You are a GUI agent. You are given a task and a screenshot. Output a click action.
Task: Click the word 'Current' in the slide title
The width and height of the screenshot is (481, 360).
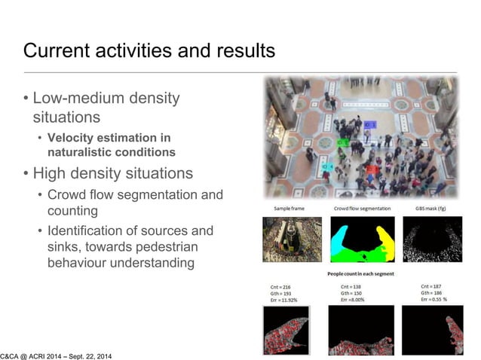(x=55, y=51)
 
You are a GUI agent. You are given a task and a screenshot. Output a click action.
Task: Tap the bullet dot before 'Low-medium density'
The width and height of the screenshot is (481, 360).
(x=26, y=99)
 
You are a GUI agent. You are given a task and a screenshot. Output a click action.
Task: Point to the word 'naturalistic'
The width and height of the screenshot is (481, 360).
(x=79, y=151)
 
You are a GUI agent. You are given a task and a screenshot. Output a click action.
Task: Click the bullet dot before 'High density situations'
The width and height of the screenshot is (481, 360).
(x=26, y=174)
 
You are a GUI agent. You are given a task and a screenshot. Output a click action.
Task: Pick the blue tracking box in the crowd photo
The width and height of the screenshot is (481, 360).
(x=369, y=124)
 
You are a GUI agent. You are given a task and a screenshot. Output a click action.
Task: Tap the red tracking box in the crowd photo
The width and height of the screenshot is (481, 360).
(x=371, y=170)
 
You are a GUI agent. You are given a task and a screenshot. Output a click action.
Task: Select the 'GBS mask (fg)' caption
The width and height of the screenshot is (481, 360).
(x=432, y=208)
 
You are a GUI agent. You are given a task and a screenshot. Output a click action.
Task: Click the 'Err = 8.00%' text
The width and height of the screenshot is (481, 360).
(x=357, y=300)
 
